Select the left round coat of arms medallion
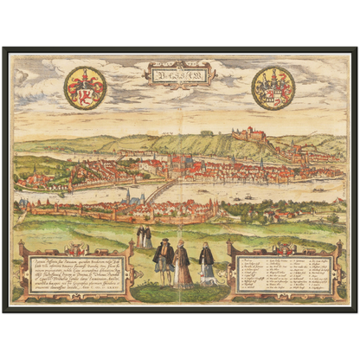[x=85, y=87]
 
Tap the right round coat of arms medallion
[x=273, y=87]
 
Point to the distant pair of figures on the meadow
[x=144, y=236]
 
